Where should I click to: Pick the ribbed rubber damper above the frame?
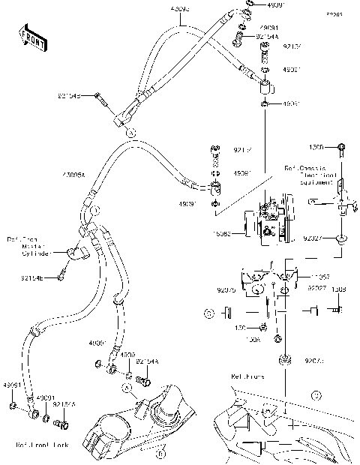click(x=284, y=361)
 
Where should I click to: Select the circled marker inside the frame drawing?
click(x=317, y=392)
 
